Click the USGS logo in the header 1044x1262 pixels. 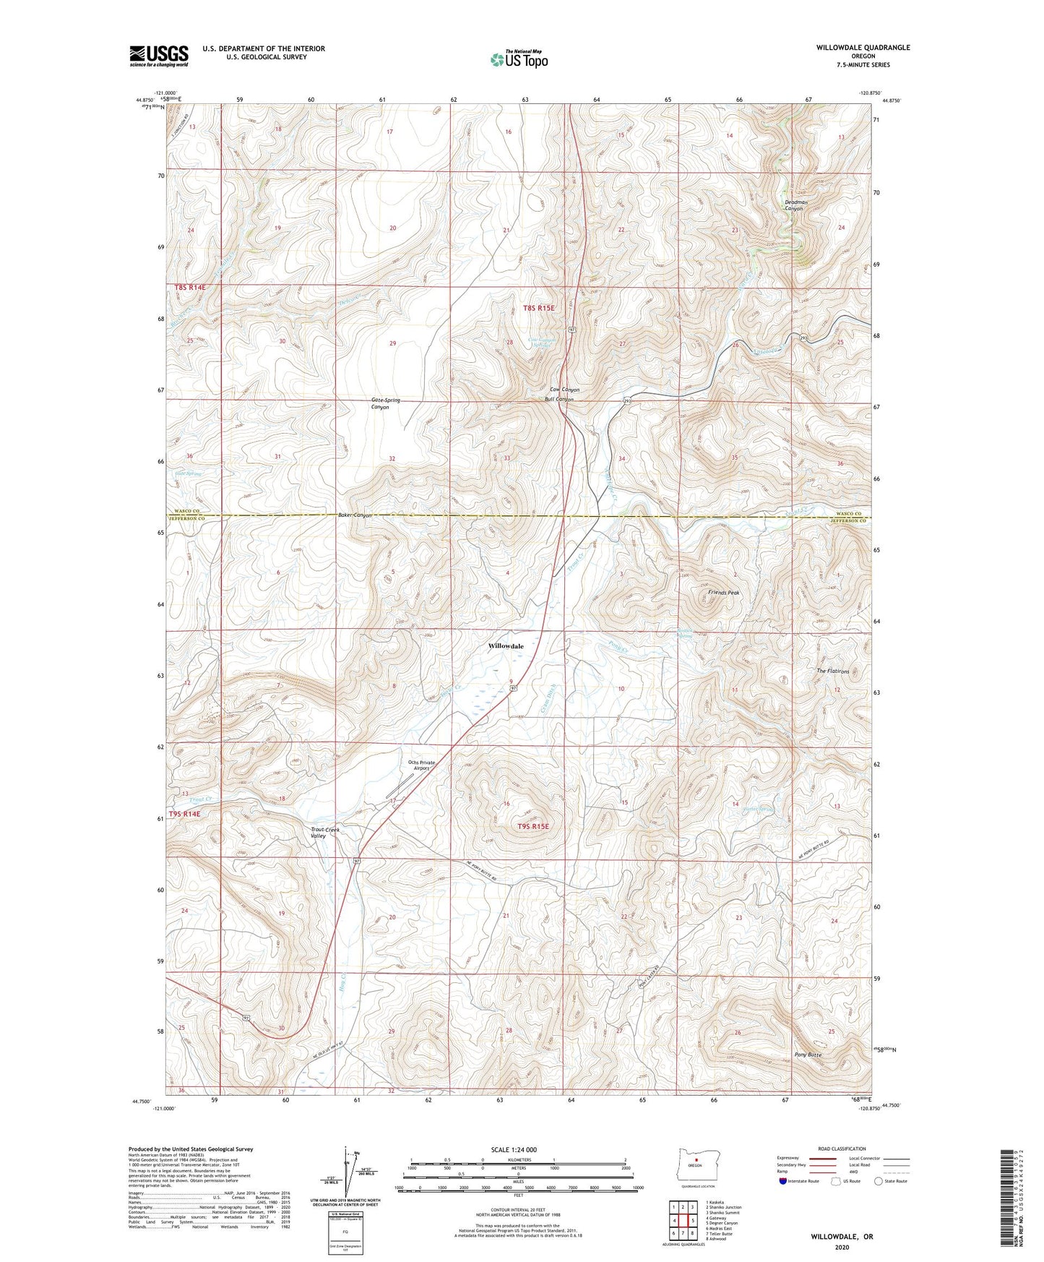pyautogui.click(x=159, y=56)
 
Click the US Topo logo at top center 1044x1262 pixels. pyautogui.click(x=518, y=59)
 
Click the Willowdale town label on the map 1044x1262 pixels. pyautogui.click(x=506, y=646)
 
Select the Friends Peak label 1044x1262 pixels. pyautogui.click(x=723, y=593)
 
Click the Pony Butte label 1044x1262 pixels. pyautogui.click(x=808, y=1055)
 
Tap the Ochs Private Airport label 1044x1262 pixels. pyautogui.click(x=421, y=765)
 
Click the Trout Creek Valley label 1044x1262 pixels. pyautogui.click(x=324, y=833)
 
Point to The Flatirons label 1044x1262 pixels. pyautogui.click(x=833, y=671)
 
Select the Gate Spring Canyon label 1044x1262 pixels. pyautogui.click(x=385, y=403)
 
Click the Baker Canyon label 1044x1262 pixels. pyautogui.click(x=355, y=515)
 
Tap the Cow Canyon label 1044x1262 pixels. pyautogui.click(x=564, y=390)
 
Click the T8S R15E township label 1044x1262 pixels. pyautogui.click(x=538, y=308)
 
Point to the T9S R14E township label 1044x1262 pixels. pyautogui.click(x=184, y=814)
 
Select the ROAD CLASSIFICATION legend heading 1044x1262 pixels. pyautogui.click(x=841, y=1149)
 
